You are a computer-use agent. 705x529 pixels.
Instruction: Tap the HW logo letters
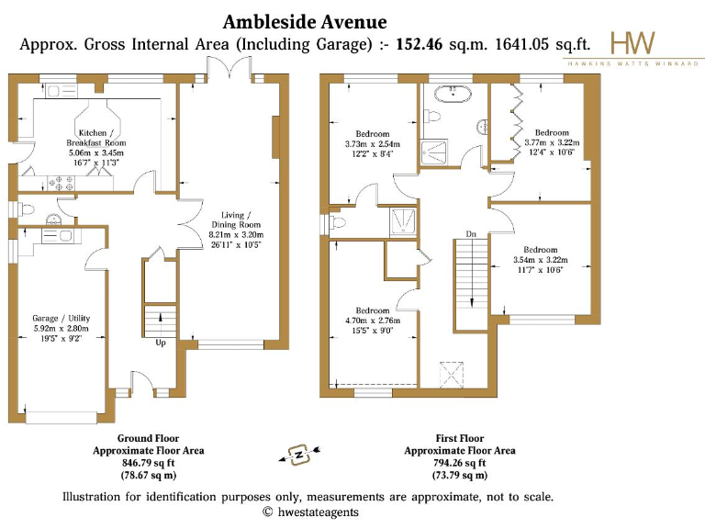(x=633, y=42)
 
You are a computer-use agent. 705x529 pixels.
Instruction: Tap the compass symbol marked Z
(x=297, y=453)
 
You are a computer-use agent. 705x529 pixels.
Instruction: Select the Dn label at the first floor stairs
(x=471, y=234)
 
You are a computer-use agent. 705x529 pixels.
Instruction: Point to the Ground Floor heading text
(x=148, y=439)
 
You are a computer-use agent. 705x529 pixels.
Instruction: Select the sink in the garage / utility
(x=63, y=236)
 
